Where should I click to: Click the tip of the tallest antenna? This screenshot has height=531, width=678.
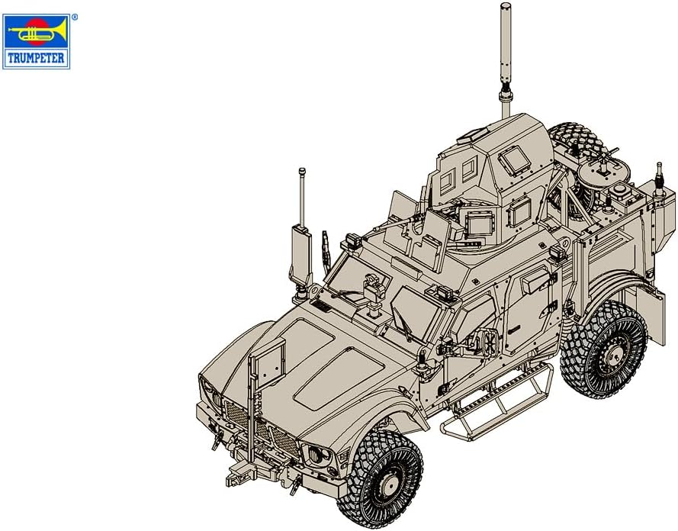[x=505, y=6]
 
